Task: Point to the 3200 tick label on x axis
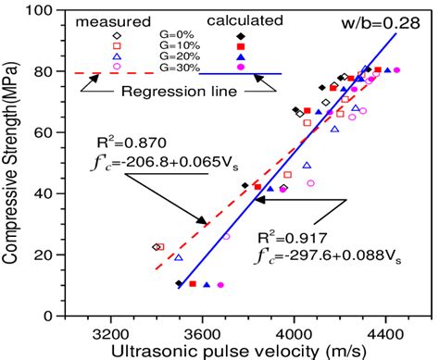tap(111, 329)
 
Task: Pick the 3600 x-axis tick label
tap(202, 329)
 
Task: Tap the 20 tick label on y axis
tap(43, 253)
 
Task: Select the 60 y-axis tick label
tap(43, 132)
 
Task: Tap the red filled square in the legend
tap(240, 45)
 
